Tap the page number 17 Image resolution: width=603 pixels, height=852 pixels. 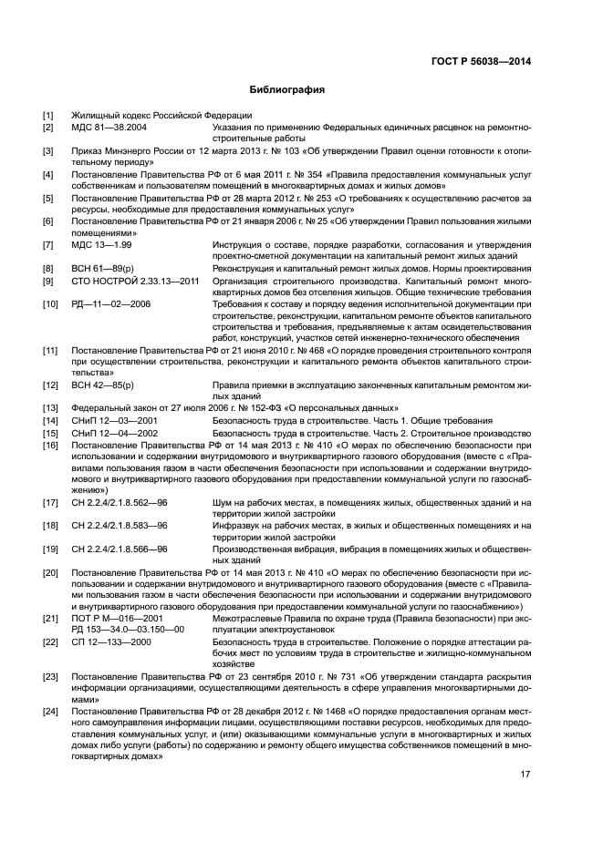point(525,775)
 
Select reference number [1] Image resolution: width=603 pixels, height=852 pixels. point(48,116)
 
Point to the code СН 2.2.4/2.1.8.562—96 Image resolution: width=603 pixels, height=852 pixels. point(120,502)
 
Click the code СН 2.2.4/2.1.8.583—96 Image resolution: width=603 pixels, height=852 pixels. point(120,526)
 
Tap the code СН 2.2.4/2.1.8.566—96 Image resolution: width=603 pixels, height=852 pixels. point(120,549)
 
